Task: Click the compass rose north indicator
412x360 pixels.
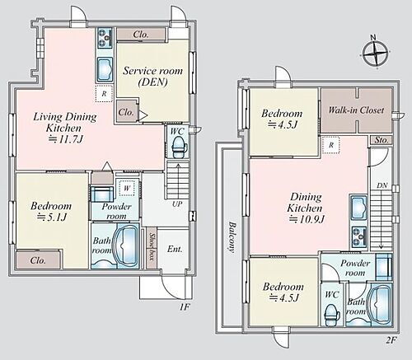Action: [376, 53]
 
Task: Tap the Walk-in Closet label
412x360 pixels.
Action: [356, 110]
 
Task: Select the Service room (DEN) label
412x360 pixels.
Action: [152, 77]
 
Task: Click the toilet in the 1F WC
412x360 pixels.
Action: [180, 147]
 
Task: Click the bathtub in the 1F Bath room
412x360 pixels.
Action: [125, 246]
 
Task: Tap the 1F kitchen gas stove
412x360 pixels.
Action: [105, 37]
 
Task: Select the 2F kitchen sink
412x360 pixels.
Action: [358, 209]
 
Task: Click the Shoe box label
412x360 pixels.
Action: [152, 247]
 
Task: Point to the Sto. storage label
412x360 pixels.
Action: [382, 140]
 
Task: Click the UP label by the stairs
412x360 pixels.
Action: [177, 204]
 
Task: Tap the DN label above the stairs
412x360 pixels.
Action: [382, 185]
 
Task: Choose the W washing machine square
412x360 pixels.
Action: [127, 188]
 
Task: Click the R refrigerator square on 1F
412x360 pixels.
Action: [104, 94]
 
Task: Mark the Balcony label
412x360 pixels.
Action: [232, 236]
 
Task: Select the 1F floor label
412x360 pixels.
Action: [185, 306]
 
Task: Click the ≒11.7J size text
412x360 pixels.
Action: [65, 139]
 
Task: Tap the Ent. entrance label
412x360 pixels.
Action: [175, 249]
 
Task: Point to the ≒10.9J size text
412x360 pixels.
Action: [307, 219]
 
